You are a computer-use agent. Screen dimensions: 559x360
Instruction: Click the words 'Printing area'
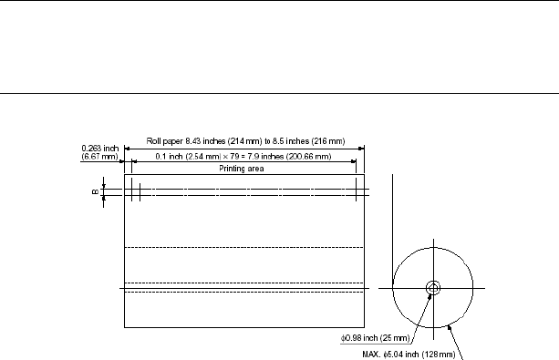242,169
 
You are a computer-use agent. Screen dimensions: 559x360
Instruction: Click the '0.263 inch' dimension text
99,149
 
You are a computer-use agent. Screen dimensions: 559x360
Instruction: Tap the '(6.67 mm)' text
99,157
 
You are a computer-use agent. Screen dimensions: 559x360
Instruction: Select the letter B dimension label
95,192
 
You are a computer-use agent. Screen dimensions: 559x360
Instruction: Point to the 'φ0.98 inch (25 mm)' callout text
376,338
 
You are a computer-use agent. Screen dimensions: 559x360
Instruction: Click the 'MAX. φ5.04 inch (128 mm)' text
409,355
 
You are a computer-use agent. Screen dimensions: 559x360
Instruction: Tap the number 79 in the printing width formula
234,157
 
